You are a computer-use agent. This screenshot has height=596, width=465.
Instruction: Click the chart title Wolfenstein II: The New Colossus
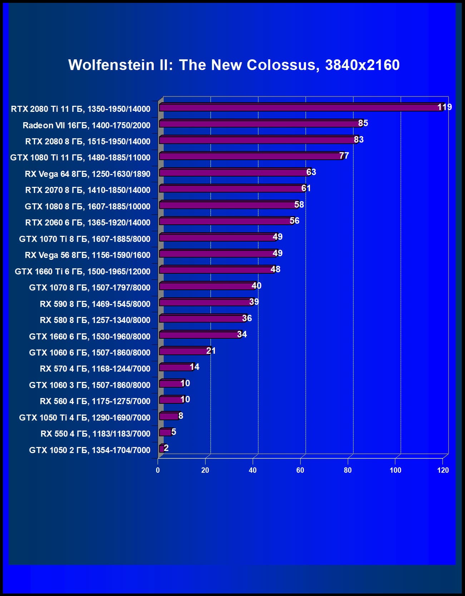tap(234, 65)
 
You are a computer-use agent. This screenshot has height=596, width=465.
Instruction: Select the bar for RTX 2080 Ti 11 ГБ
tap(300, 107)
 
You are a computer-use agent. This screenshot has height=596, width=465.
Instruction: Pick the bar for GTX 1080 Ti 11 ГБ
tap(250, 156)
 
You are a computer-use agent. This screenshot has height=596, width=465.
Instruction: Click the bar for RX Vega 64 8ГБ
tap(234, 173)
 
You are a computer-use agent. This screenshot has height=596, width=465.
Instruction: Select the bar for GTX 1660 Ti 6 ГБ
tap(216, 270)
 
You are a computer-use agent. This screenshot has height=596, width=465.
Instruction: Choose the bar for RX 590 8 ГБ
tap(206, 303)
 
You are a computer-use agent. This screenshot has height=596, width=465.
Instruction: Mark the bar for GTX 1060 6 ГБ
tap(184, 351)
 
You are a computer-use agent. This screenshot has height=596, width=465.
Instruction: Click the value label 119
tap(445, 107)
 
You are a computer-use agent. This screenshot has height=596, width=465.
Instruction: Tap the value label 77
tap(344, 156)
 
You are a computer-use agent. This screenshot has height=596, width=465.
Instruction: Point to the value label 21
tap(211, 351)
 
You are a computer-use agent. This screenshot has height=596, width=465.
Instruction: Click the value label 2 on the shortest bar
tap(166, 448)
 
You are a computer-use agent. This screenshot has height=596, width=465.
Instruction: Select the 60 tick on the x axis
tap(300, 470)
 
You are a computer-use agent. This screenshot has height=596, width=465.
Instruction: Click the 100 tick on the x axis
tap(395, 470)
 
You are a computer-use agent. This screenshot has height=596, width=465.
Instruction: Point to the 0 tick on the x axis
tap(158, 470)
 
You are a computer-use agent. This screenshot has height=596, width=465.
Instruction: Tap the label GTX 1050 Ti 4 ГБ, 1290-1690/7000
tap(85, 417)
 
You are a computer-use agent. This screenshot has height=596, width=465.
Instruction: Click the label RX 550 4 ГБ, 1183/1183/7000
tap(95, 434)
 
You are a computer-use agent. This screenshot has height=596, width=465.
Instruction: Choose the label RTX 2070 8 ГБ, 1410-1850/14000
tap(88, 190)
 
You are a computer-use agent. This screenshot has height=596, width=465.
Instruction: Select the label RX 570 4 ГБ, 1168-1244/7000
tap(95, 369)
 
